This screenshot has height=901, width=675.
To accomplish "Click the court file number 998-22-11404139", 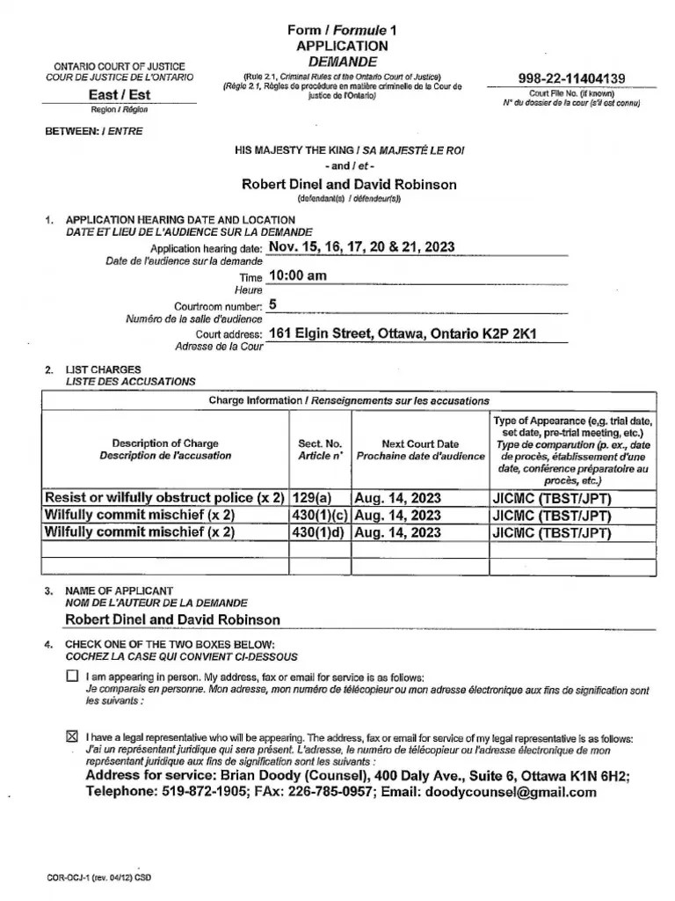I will pyautogui.click(x=571, y=79).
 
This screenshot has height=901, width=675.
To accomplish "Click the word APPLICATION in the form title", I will pyautogui.click(x=342, y=46).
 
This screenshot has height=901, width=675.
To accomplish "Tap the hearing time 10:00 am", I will pyautogui.click(x=297, y=275).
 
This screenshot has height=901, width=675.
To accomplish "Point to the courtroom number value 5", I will pyautogui.click(x=272, y=304).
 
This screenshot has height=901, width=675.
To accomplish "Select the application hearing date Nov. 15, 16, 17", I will pyautogui.click(x=361, y=247).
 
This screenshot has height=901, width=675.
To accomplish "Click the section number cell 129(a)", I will pyautogui.click(x=320, y=498).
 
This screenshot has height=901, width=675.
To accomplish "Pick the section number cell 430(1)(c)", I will pyautogui.click(x=320, y=515).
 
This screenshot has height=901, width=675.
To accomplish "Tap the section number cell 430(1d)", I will pyautogui.click(x=320, y=532).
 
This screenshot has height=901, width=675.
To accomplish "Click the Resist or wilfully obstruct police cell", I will pyautogui.click(x=165, y=498).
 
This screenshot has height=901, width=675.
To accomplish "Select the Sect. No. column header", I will pyautogui.click(x=320, y=450).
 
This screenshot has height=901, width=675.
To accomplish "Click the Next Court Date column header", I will pyautogui.click(x=420, y=450).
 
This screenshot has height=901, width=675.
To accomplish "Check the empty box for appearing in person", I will pyautogui.click(x=72, y=677).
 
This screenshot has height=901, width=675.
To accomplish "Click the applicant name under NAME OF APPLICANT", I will pyautogui.click(x=172, y=620).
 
